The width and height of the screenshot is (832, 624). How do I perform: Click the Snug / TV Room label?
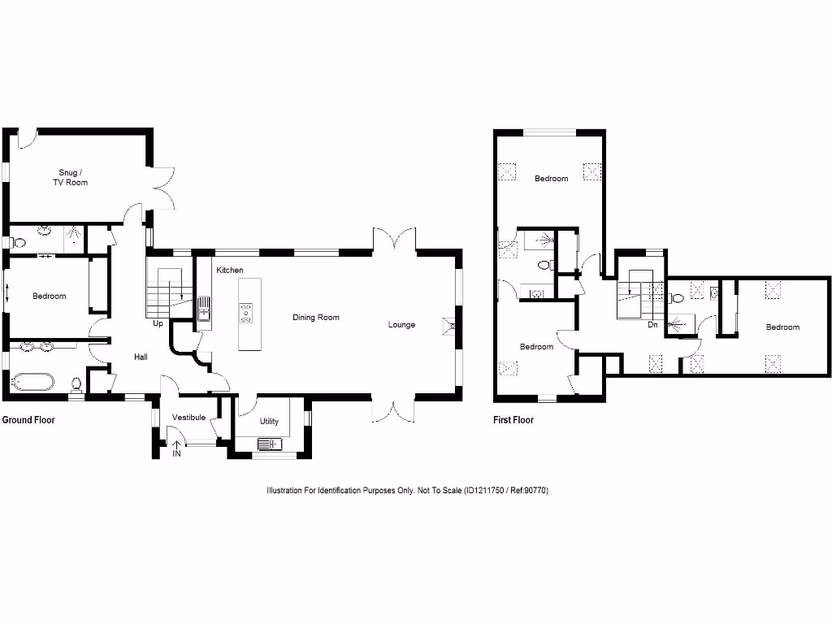pos(73,177)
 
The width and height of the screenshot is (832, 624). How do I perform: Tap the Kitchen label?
pos(230,270)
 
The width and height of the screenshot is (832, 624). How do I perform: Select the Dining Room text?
pos(316,317)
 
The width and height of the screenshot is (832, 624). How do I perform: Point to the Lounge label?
pos(401,324)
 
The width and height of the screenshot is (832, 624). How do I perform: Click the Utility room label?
pos(269,421)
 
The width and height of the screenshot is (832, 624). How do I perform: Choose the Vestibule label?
pos(188,418)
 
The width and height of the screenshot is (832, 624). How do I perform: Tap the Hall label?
pos(141,357)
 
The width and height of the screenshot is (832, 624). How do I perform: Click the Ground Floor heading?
pos(28,420)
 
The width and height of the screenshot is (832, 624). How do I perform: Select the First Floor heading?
pos(513,420)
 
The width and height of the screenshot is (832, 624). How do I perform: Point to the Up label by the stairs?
pos(158,323)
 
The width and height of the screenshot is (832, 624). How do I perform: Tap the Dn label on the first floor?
pos(652,324)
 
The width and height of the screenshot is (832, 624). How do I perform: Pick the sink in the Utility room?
pos(267,444)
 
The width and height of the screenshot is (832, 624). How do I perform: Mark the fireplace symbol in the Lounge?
pos(448,325)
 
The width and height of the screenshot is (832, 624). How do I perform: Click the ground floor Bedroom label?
pos(49,296)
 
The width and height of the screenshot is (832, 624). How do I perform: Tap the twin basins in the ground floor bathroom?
pos(36,348)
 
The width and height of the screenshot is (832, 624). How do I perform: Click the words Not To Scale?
pos(439,491)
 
